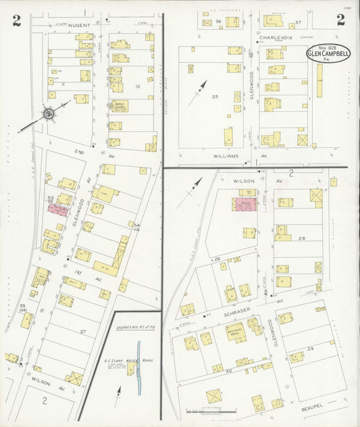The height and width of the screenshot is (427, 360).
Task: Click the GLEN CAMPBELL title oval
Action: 328,53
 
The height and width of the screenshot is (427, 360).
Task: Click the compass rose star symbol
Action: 49,114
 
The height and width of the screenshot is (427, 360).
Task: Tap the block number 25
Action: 215,97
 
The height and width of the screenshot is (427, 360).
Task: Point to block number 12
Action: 137,86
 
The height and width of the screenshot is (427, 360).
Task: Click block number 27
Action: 82,331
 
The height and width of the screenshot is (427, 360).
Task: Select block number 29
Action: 310,347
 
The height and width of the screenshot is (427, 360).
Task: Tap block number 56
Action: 219,22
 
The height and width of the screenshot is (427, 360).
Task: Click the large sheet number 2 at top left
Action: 16,20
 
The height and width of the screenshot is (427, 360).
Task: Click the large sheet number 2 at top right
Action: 340,20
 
